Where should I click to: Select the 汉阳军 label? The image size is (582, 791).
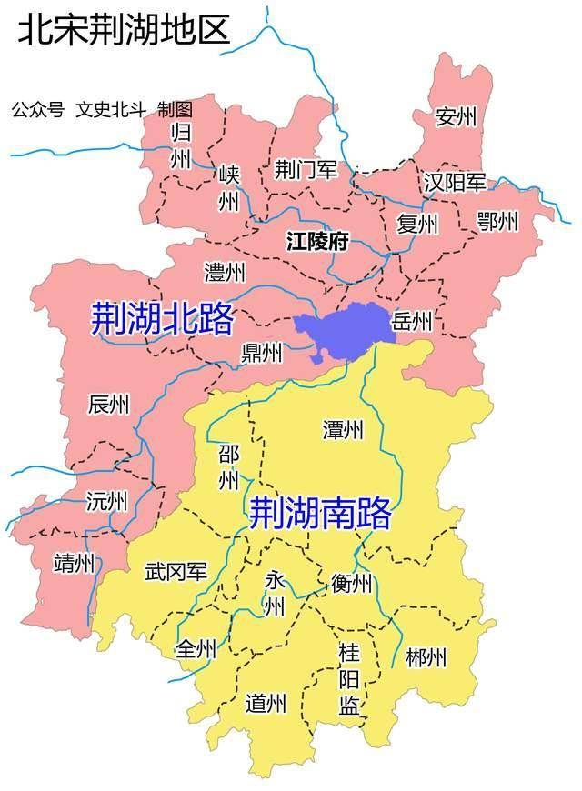coord(455,183)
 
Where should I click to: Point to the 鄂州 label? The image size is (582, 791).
coord(497,221)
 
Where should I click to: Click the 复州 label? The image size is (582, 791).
coord(417,224)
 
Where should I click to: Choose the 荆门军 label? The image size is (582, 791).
coord(306,170)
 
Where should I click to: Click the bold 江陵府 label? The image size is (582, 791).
coord(317,242)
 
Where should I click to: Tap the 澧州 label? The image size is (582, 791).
coord(225,272)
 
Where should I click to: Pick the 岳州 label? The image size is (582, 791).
coord(411,320)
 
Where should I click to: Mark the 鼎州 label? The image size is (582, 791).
coord(262,352)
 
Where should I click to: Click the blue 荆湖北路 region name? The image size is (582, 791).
coord(163,318)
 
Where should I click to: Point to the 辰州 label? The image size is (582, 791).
coord(109,405)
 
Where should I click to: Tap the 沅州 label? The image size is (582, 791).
coord(106,501)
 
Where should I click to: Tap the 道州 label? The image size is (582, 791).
coord(266,703)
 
